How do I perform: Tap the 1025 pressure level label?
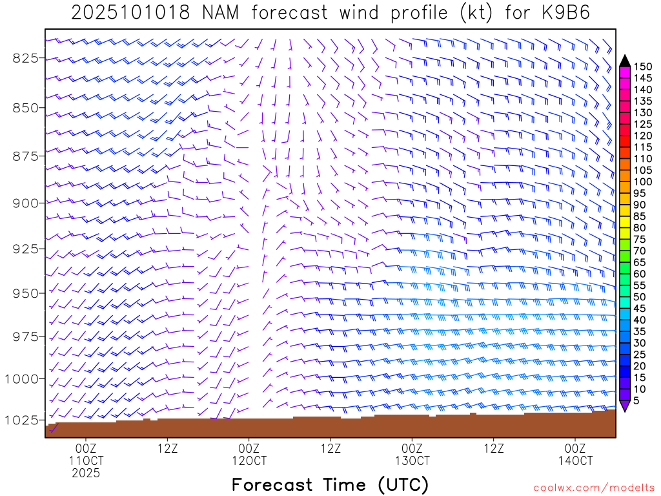[x=23, y=420]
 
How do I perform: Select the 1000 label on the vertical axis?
[x=23, y=378]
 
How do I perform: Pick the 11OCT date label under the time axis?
[x=86, y=460]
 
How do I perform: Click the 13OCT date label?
[x=412, y=460]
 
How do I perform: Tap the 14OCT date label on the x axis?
[x=576, y=460]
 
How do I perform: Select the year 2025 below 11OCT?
[x=86, y=473]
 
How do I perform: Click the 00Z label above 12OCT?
[x=249, y=448]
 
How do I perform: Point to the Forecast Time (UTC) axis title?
[x=330, y=484]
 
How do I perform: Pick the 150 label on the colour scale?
[x=642, y=67]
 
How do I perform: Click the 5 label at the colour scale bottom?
[x=636, y=400]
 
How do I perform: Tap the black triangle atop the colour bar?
[x=625, y=61]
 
